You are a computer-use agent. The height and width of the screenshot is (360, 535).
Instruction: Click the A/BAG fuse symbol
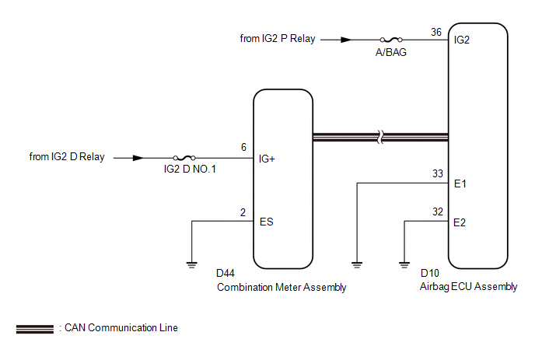pos(391,40)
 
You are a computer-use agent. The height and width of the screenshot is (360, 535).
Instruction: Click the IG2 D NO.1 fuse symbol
pos(184,158)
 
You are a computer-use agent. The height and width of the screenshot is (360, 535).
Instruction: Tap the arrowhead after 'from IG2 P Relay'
pos(346,40)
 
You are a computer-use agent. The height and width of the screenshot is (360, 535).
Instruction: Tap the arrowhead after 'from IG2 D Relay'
pos(138,158)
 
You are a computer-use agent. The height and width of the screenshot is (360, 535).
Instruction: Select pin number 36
pos(436,32)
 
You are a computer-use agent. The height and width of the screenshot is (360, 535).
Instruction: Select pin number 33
pos(438,173)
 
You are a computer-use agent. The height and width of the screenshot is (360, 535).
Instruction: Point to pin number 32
pos(438,212)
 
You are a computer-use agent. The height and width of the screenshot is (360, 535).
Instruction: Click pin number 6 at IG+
pos(243,147)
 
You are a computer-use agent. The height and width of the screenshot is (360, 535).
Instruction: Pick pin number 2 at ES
pos(243,212)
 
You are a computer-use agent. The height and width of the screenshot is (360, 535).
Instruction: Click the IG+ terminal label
pos(267,159)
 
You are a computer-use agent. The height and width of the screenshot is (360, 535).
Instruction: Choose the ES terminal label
pos(267,222)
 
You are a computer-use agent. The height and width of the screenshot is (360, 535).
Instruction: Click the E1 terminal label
pos(460,184)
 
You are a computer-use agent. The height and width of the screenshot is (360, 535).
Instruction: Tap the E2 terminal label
pos(460,223)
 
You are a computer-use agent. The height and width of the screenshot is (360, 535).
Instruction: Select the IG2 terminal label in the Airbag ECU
pos(462,40)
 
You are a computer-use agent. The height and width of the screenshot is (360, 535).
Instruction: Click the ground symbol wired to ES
pos(192,265)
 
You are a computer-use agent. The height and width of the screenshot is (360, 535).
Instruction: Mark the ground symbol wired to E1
pos(357,265)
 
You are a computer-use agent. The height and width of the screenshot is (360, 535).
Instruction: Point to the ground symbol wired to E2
pos(404,265)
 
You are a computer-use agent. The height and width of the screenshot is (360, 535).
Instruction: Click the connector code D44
pos(226,274)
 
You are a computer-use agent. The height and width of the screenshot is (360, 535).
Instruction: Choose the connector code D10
pos(430,274)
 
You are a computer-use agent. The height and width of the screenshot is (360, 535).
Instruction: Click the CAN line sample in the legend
pos(35,329)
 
